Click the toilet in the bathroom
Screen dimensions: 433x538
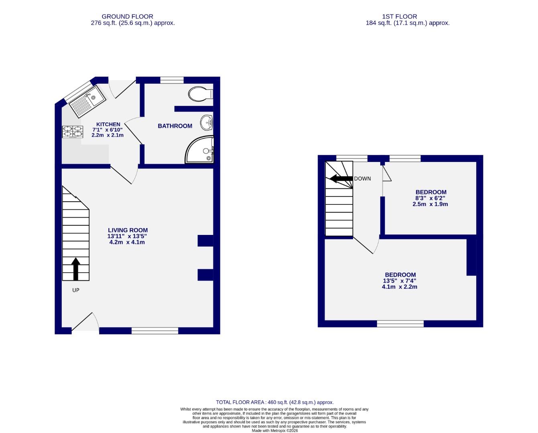point(199,94)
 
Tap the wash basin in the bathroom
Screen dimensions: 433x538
point(207,122)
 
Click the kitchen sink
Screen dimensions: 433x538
point(87,100)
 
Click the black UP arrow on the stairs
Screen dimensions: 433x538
point(75,269)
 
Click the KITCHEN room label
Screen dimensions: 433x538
point(108,124)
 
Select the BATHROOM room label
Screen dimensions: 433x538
point(175,126)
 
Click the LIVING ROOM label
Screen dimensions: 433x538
point(128,230)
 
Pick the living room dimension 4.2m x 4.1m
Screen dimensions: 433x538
point(127,242)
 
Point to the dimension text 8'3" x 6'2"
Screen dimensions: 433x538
point(430,198)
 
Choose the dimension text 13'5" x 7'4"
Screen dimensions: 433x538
point(400,281)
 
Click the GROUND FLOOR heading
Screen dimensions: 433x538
point(127,16)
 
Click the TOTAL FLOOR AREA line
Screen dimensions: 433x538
point(275,402)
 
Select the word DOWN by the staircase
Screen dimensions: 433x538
point(362,179)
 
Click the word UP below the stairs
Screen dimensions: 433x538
point(75,290)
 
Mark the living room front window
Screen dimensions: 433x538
point(155,331)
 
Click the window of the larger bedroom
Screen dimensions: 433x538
point(400,324)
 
